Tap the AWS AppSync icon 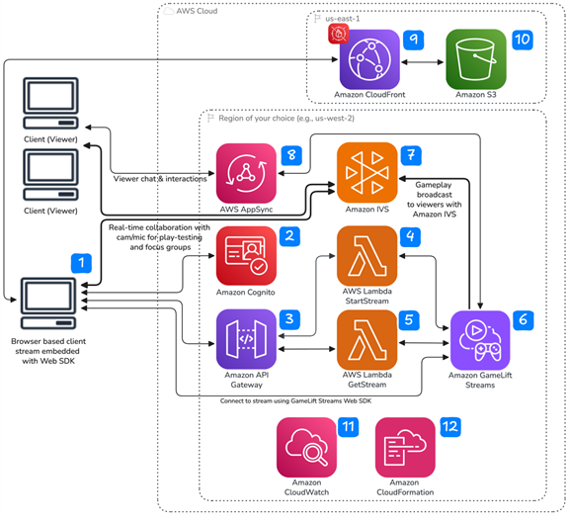(247, 173)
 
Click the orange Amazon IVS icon (366, 173)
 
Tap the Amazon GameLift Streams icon (481, 339)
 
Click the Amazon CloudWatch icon (307, 447)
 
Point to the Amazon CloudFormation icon (405, 447)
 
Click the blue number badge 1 (84, 263)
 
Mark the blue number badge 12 (450, 429)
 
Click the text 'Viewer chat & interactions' (162, 178)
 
